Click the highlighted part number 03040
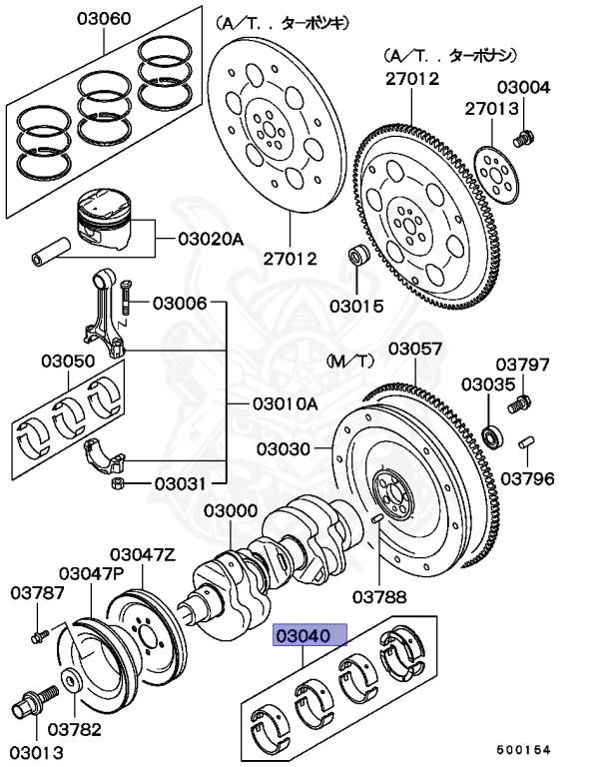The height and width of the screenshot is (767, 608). (x=310, y=635)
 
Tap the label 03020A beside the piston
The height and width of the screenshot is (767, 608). (x=211, y=239)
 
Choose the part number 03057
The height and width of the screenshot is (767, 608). (x=414, y=349)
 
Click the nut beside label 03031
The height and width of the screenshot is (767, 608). (x=117, y=484)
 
